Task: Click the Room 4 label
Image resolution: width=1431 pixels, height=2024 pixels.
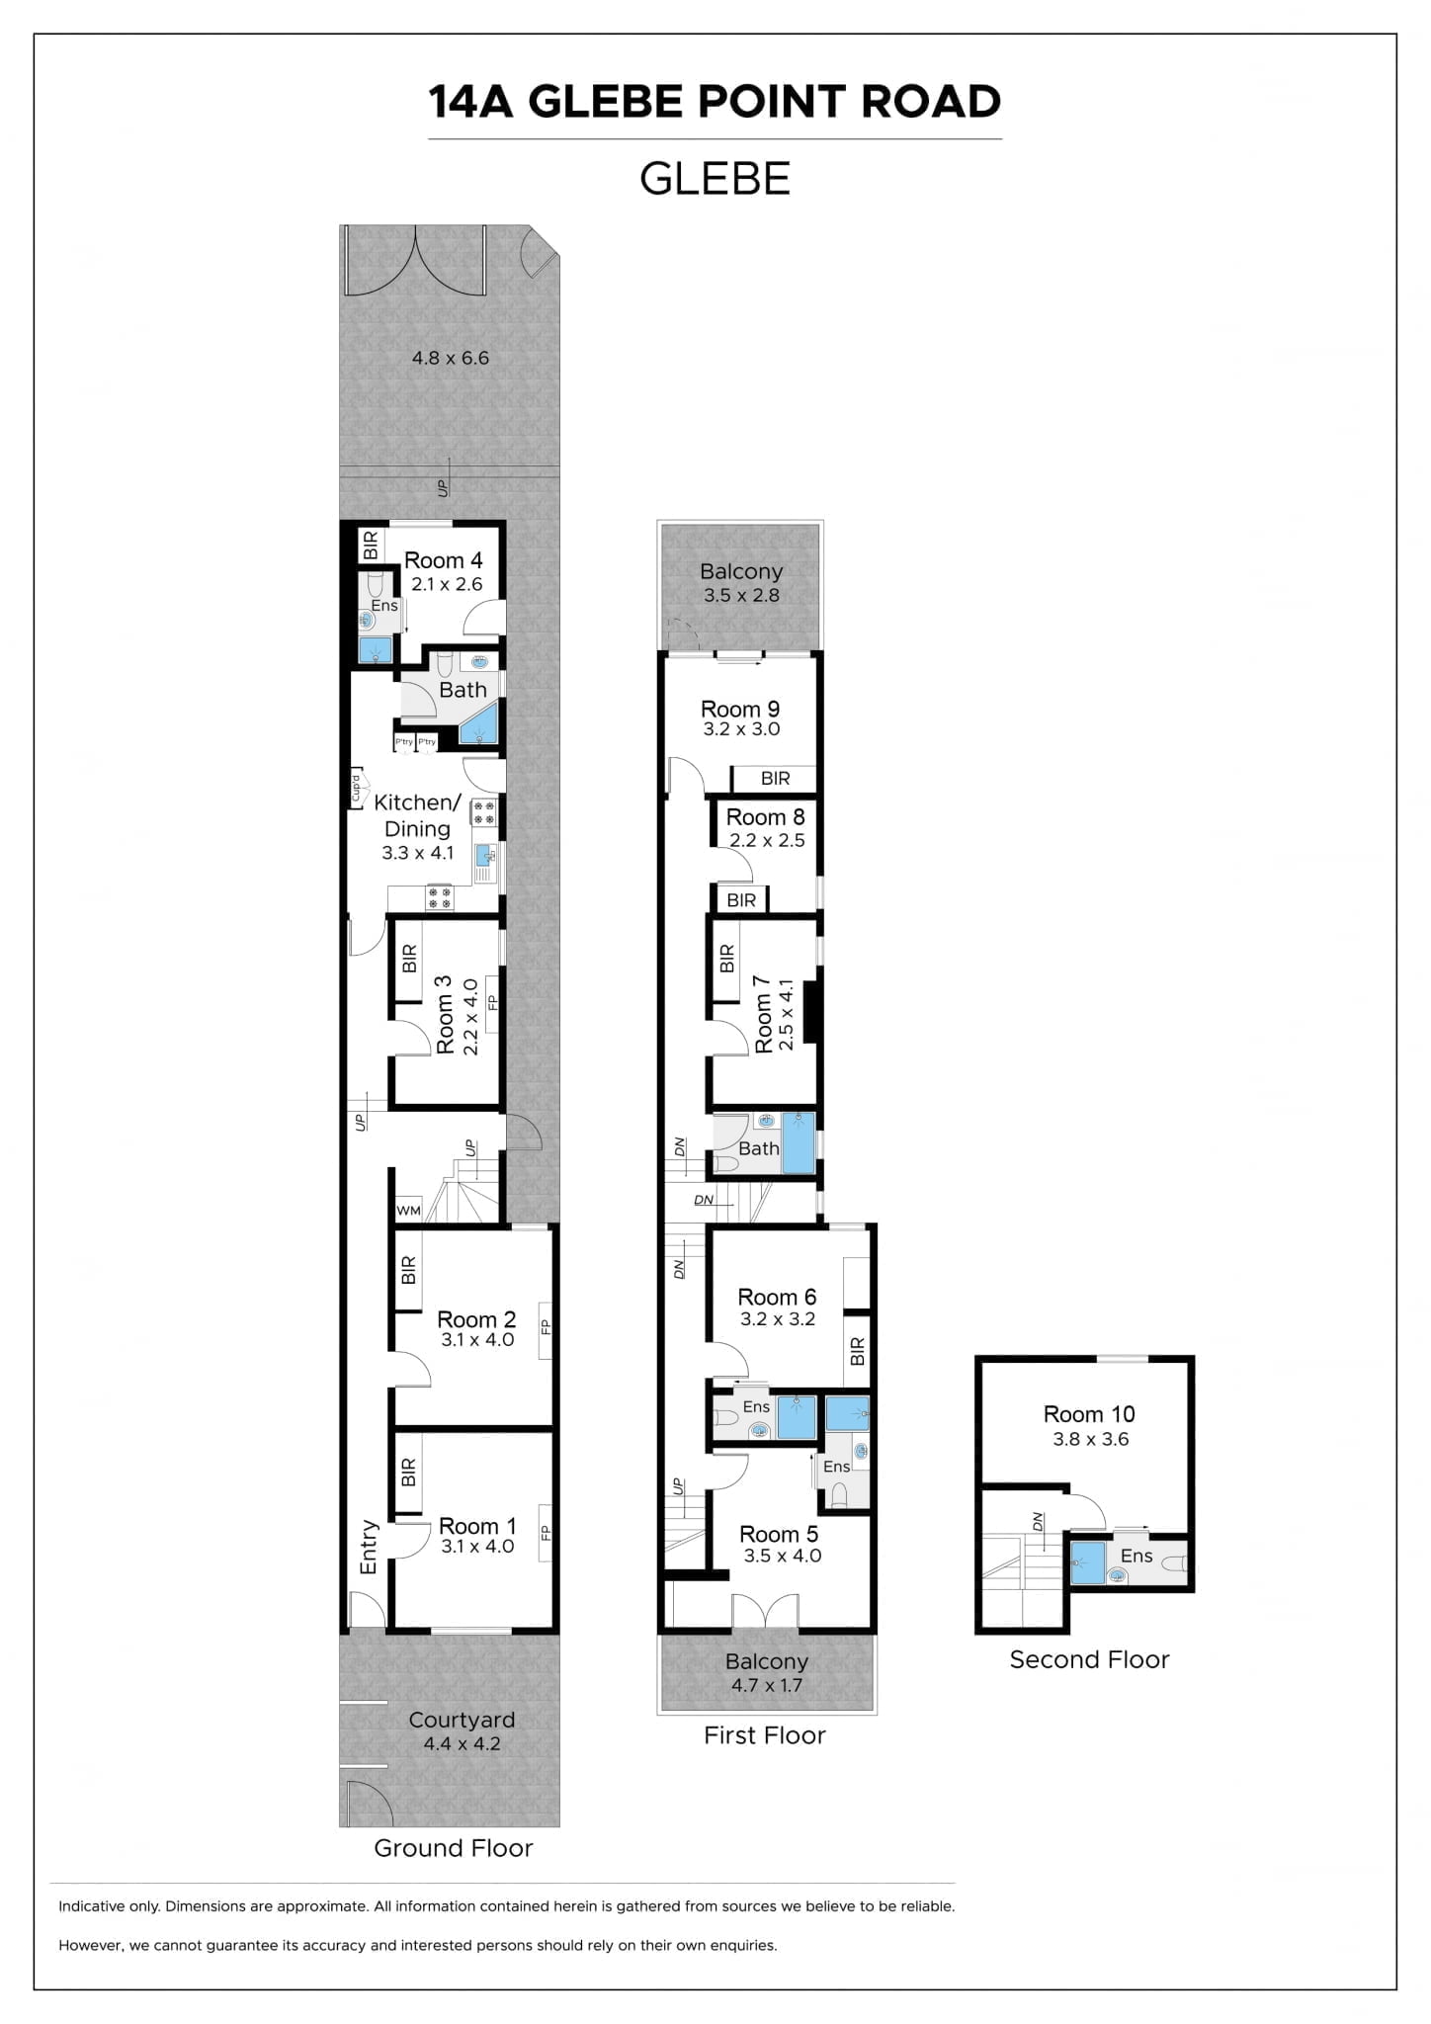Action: point(443,560)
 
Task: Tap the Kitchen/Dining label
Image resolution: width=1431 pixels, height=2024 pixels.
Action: point(417,815)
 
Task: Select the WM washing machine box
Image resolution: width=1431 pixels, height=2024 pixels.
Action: point(408,1210)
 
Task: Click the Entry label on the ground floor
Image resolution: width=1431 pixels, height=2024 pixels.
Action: point(369,1547)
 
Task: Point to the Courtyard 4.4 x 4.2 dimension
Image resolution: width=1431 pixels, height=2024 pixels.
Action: point(462,1743)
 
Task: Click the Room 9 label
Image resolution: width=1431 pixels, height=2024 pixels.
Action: point(740,709)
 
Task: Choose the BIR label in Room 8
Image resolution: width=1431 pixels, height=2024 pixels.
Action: point(741,900)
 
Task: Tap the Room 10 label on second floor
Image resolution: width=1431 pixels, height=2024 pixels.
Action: point(1089,1414)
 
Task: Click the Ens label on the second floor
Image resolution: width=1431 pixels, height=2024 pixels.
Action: point(1136,1556)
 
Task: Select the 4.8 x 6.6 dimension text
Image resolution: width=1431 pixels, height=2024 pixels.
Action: point(451,358)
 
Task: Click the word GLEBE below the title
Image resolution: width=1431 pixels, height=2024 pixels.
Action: point(715,179)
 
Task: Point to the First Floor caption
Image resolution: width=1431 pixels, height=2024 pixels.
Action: point(765,1735)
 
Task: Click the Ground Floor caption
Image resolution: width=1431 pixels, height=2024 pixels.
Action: point(454,1848)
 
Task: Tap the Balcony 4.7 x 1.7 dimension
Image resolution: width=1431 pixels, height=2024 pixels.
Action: point(767,1685)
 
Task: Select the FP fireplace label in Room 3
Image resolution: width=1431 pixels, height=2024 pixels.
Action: point(492,1002)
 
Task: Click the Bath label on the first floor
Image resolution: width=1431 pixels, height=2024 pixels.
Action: point(759,1148)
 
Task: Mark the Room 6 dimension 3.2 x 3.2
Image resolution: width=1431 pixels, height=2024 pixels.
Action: point(778,1318)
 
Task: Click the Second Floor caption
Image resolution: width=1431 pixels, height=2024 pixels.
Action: point(1089,1659)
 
